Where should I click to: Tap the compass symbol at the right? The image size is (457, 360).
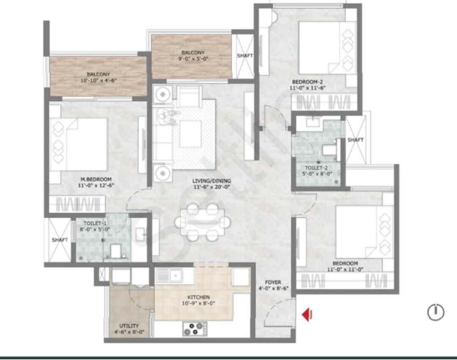click(435, 313)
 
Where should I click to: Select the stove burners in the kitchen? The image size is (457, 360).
click(195, 328)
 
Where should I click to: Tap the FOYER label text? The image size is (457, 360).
click(273, 282)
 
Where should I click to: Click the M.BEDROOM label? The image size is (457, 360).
click(97, 179)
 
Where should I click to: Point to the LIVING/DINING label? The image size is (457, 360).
click(212, 181)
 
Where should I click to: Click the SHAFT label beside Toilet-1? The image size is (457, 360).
click(60, 240)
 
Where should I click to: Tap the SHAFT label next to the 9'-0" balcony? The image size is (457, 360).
click(245, 55)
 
